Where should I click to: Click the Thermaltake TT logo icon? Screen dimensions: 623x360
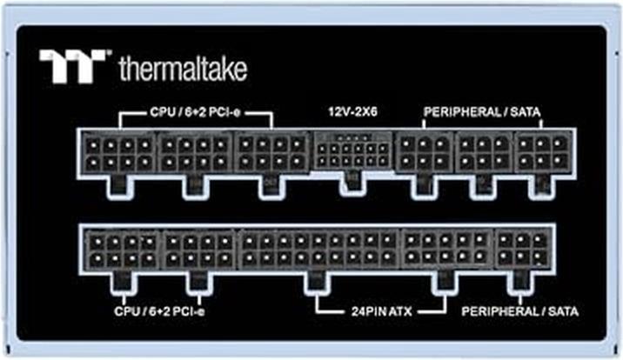tap(73, 66)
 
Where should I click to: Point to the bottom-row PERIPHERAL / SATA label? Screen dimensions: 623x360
tap(520, 310)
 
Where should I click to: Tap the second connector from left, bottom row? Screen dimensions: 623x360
tap(198, 249)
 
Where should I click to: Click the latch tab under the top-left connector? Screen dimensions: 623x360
tap(117, 184)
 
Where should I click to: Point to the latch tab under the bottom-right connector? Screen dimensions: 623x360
tap(521, 279)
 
